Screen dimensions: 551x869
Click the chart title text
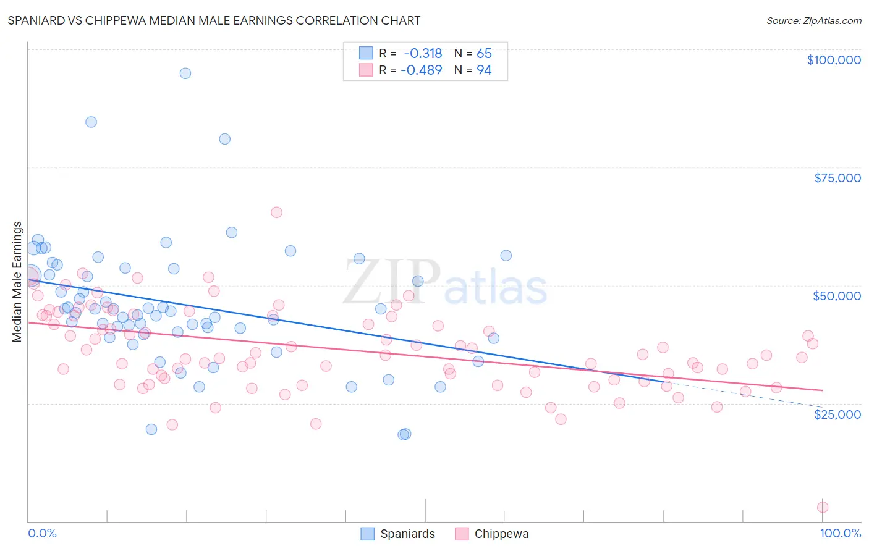[214, 20]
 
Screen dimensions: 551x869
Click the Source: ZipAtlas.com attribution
[813, 21]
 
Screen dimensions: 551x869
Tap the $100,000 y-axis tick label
[834, 60]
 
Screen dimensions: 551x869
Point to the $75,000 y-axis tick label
[837, 178]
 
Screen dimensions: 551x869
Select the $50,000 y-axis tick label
[837, 296]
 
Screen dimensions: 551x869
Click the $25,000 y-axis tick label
[837, 414]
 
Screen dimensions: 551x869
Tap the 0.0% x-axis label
[42, 533]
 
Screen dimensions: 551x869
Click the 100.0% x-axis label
[841, 533]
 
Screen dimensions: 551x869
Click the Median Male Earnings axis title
[17, 282]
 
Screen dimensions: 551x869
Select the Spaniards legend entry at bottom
[399, 534]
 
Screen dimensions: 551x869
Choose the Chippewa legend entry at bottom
[493, 534]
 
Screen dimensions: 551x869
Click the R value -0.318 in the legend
[423, 54]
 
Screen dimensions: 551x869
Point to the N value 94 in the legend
[484, 70]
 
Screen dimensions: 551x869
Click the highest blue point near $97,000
[185, 74]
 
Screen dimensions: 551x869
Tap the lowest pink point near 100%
[823, 507]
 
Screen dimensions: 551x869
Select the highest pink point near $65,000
[276, 212]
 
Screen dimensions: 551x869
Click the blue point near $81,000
[225, 139]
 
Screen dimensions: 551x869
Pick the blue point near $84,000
[91, 122]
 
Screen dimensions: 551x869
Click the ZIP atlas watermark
[445, 282]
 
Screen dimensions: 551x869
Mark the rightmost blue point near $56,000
[506, 256]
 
